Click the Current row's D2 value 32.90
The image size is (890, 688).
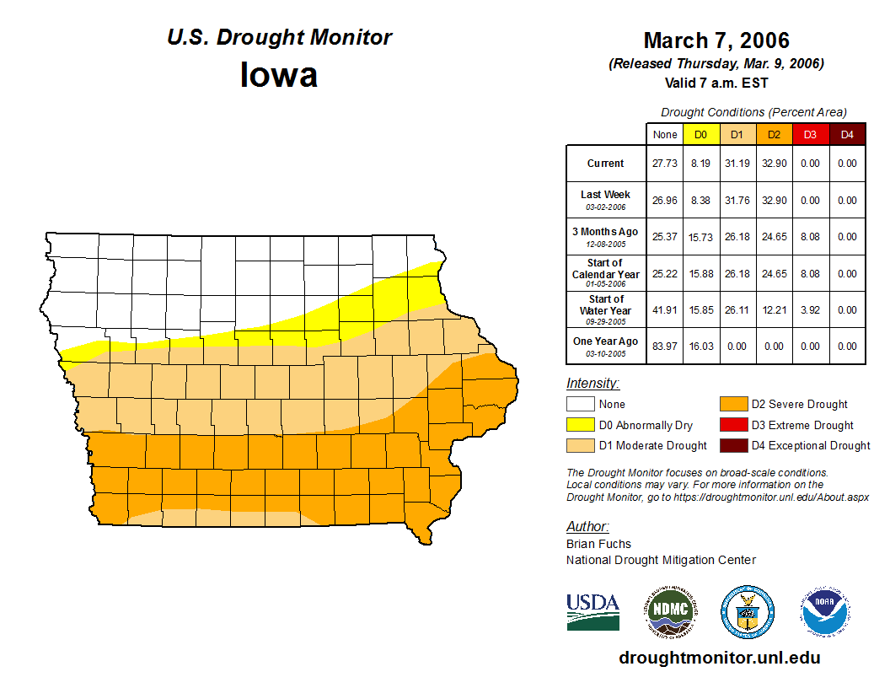click(x=773, y=164)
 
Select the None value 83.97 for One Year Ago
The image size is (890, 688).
click(x=665, y=347)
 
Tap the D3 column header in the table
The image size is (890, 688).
click(x=810, y=134)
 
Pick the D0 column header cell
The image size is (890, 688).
click(x=700, y=134)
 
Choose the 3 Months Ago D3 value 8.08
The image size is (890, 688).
click(x=810, y=237)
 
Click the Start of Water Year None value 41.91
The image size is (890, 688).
click(x=665, y=310)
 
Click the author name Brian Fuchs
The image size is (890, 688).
click(x=598, y=544)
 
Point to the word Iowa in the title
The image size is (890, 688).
click(x=279, y=75)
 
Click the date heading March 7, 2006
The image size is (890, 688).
click(x=716, y=40)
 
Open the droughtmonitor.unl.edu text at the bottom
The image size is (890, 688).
click(x=719, y=658)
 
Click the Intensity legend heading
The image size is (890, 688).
click(x=592, y=384)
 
